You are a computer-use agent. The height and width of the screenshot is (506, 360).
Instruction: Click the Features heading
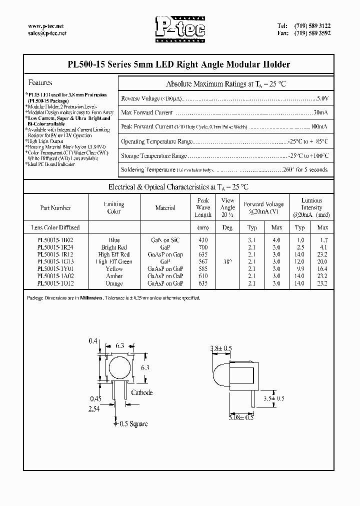(x=40, y=82)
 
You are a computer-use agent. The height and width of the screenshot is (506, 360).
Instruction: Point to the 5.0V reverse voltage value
(x=322, y=98)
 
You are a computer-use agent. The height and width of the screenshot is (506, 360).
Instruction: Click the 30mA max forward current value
(x=320, y=112)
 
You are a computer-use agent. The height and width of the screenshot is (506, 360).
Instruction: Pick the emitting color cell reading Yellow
(x=114, y=269)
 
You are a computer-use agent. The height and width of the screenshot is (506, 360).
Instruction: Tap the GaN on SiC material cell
(x=165, y=240)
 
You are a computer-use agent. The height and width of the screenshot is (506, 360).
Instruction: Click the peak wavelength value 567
(x=203, y=261)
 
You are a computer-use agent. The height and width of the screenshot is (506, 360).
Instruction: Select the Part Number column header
(x=55, y=208)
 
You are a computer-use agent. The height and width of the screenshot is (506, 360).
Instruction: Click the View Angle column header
(x=227, y=204)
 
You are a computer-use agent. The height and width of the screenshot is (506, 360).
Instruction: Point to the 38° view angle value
(x=227, y=261)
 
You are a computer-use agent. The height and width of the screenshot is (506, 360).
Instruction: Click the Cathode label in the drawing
(x=141, y=393)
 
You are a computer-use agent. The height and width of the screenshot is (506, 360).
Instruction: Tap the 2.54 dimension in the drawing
(x=94, y=409)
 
